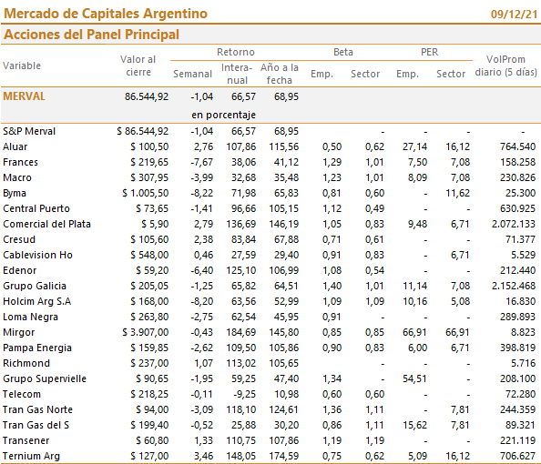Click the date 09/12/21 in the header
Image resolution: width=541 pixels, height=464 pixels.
point(514,15)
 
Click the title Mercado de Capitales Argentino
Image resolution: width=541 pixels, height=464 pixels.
point(106,14)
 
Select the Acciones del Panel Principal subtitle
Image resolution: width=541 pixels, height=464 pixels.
point(91,35)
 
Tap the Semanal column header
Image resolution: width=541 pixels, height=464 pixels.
point(192,74)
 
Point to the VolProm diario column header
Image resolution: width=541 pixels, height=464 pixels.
point(505,66)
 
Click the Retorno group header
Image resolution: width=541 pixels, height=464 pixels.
point(236,52)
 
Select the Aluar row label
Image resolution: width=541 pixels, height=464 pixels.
point(15,146)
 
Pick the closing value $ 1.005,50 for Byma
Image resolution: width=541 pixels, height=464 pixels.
point(145,193)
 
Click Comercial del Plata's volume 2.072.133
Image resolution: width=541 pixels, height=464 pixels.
point(514,224)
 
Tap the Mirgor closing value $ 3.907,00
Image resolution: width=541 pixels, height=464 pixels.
point(145,332)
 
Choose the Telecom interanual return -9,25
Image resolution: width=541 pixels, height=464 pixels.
point(244,394)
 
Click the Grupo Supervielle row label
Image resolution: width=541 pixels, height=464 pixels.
point(45,378)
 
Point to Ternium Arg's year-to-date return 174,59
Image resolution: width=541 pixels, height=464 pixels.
point(284,456)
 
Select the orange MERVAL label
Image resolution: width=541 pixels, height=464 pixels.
point(25,96)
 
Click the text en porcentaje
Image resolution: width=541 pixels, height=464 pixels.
point(223,115)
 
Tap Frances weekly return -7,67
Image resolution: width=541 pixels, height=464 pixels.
point(202,162)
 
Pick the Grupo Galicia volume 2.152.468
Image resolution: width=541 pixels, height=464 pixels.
point(514,286)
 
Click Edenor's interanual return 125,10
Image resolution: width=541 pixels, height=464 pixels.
point(241,270)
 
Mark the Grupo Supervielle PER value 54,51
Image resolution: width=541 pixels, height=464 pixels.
point(414,378)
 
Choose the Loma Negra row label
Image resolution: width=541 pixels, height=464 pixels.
point(30,317)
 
